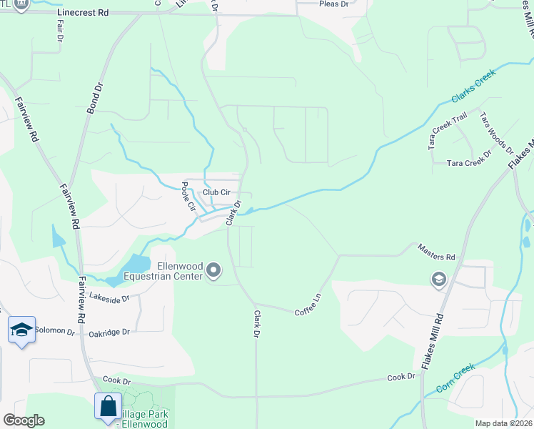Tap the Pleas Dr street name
pos(333,4)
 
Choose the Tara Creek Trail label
pos(448,129)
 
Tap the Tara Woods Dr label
pos(496,132)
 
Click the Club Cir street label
pos(216,192)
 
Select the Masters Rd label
pos(437,257)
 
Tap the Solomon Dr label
pos(54,332)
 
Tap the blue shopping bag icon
pos(108,405)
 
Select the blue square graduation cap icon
pos(21,330)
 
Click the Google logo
pos(23,420)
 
